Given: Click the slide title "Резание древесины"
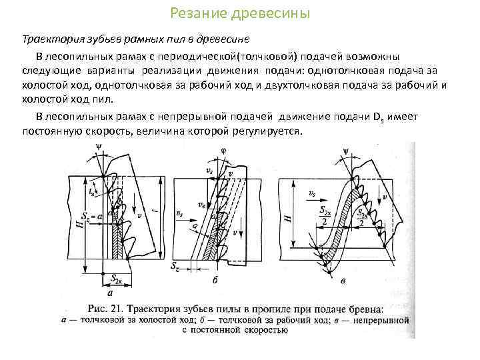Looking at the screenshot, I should pyautogui.click(x=239, y=13).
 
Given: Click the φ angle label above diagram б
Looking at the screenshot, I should pyautogui.click(x=223, y=151).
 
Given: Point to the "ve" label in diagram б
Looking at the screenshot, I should pyautogui.click(x=201, y=207).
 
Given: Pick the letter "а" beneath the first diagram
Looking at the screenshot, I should pyautogui.click(x=109, y=292).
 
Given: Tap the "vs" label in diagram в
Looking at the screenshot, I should pyautogui.click(x=312, y=194).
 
